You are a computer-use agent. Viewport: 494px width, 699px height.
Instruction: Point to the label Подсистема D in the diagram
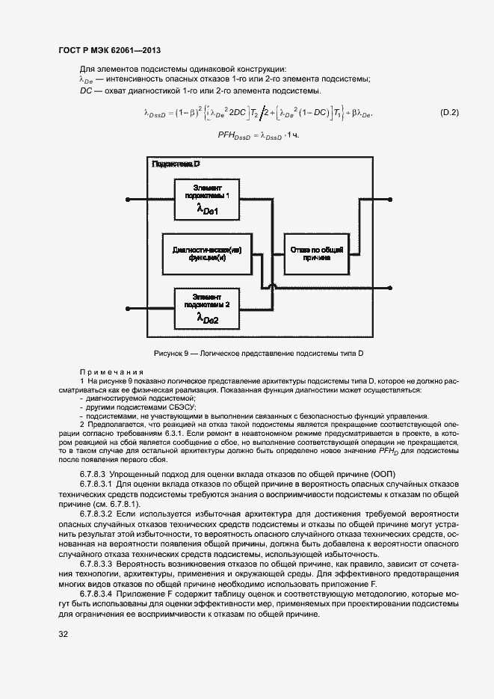176,163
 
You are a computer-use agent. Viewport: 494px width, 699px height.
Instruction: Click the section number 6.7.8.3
93,475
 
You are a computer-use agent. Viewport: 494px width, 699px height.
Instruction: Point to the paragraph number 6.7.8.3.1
98,484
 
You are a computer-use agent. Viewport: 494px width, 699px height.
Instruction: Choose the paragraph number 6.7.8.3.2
98,515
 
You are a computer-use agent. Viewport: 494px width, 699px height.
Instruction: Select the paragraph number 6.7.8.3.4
98,593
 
